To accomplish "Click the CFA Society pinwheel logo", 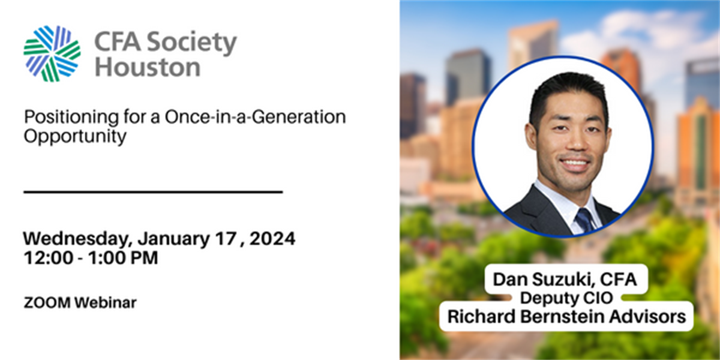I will [x=52, y=53].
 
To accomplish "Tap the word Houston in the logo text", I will [x=147, y=66].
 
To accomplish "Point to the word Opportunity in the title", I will [x=75, y=136].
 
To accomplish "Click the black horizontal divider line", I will [x=153, y=192].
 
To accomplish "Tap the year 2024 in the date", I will [x=272, y=239].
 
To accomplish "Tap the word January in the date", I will [x=174, y=239].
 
